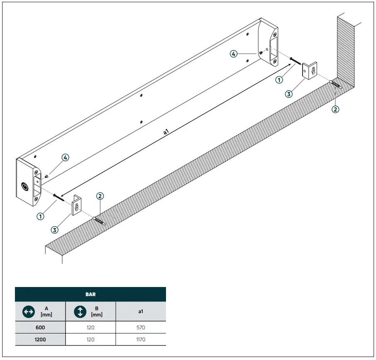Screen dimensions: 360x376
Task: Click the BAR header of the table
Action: click(x=90, y=294)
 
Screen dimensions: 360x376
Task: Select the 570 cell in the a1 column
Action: click(x=141, y=327)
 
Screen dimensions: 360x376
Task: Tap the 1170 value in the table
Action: click(x=141, y=339)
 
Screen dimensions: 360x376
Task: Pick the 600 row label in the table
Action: click(x=40, y=327)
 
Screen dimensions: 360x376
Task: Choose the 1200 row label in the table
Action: click(x=40, y=339)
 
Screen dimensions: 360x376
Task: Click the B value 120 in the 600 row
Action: click(x=90, y=327)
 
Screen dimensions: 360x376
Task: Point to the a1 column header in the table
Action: click(x=141, y=311)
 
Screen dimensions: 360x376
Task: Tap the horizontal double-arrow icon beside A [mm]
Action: click(x=28, y=311)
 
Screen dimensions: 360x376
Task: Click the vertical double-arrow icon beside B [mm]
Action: click(x=80, y=311)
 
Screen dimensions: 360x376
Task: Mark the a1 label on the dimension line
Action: click(x=166, y=132)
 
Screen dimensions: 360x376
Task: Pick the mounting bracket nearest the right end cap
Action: click(x=310, y=71)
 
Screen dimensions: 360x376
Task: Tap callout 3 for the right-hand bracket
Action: click(x=289, y=94)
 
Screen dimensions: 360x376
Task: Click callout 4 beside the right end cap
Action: click(x=234, y=54)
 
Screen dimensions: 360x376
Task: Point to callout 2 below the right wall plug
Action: click(x=335, y=109)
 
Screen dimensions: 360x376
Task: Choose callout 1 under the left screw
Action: click(x=40, y=216)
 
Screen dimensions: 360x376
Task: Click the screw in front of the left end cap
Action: click(x=59, y=197)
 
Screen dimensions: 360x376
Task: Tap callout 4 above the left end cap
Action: click(x=65, y=157)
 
